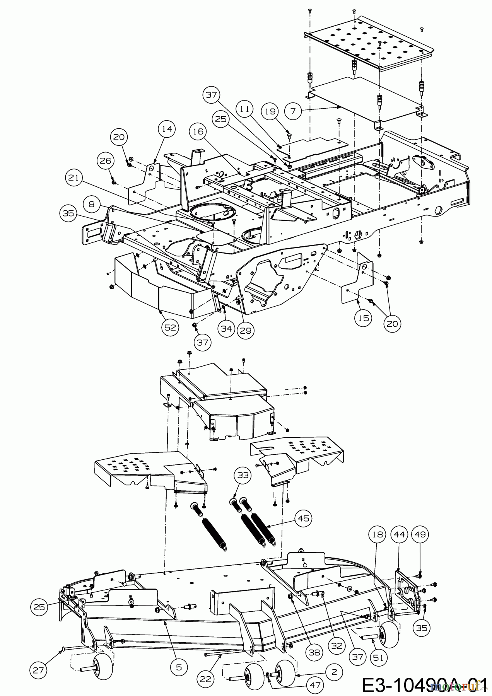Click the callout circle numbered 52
click(170, 328)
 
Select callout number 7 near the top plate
click(293, 111)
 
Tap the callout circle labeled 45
click(304, 518)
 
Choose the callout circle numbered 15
click(364, 318)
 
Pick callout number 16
click(198, 132)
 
